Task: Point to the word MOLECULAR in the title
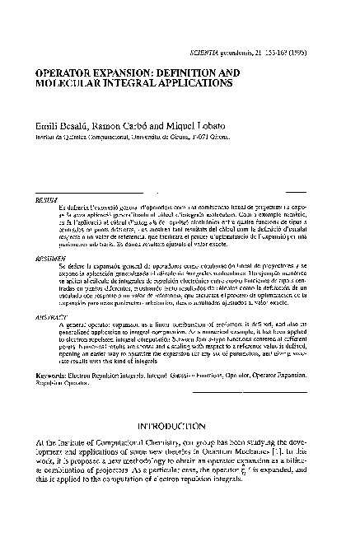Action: (69, 84)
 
